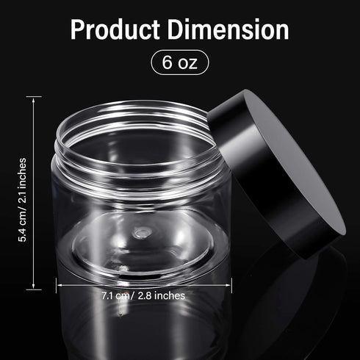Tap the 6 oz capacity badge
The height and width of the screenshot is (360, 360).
(179, 62)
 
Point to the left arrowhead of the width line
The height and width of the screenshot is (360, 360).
(57, 284)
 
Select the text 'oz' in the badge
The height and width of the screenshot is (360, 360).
(188, 62)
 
